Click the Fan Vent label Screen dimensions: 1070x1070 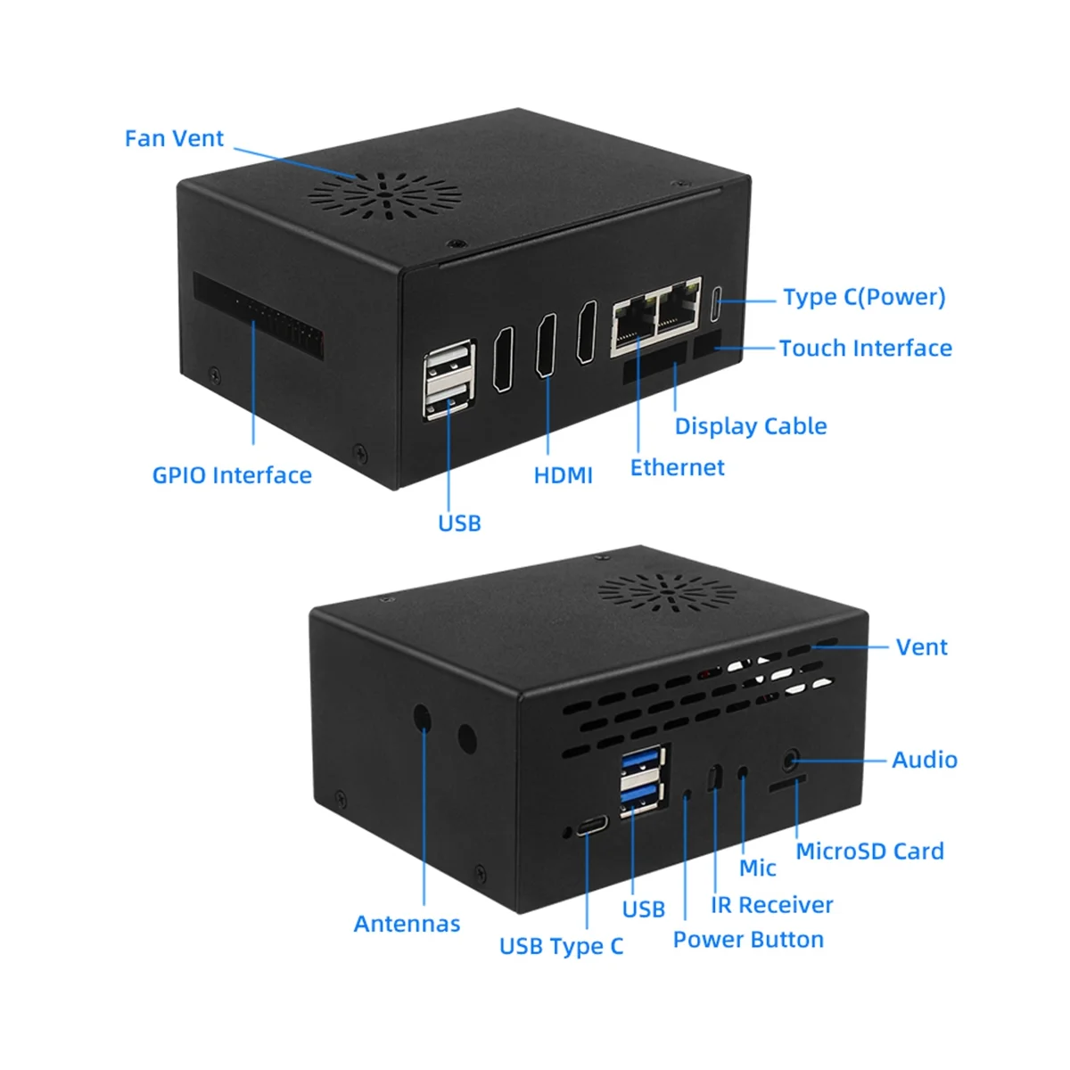pos(174,139)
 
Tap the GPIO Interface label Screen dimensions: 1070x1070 pos(232,475)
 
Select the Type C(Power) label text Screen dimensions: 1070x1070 pos(864,298)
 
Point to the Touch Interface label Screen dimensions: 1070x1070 pos(865,349)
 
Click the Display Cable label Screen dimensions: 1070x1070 pos(750,426)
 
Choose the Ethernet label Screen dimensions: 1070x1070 pos(677,468)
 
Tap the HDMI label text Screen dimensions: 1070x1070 pos(563,475)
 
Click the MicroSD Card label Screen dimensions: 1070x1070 pos(869,852)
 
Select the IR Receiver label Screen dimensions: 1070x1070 pos(771,905)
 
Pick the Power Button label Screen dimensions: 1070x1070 pos(748,940)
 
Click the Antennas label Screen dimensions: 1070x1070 pos(407,924)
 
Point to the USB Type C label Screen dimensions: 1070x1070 pos(561,946)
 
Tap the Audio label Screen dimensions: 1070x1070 pos(925,760)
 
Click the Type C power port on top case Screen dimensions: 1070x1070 pos(716,305)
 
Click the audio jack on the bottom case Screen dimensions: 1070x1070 pos(789,761)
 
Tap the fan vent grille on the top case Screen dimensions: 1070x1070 pos(383,191)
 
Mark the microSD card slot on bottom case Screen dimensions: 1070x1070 pos(787,782)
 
